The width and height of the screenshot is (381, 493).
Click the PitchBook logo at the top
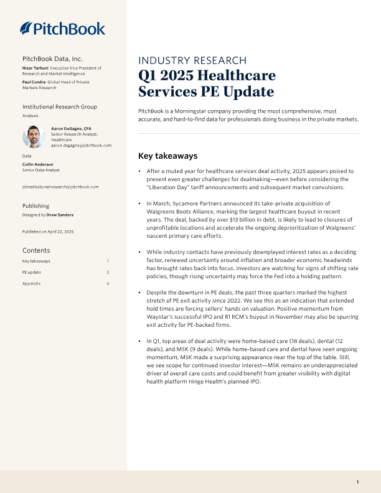point(62,28)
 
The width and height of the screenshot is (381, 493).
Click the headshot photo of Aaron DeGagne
point(32,136)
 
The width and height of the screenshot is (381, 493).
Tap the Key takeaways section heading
point(167,156)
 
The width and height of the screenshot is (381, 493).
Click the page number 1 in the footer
point(357,482)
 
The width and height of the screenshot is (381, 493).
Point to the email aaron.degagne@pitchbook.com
point(81,145)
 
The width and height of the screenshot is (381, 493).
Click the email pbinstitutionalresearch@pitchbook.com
point(60,187)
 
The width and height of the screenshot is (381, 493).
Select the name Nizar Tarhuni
point(35,67)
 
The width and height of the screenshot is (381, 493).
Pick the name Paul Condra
point(34,82)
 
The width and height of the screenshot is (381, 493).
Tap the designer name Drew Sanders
point(60,215)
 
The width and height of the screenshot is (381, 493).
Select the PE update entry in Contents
point(31,272)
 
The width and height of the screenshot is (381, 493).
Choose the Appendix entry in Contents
point(31,283)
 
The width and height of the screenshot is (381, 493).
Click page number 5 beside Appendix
point(108,283)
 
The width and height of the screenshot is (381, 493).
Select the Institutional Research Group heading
point(59,107)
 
